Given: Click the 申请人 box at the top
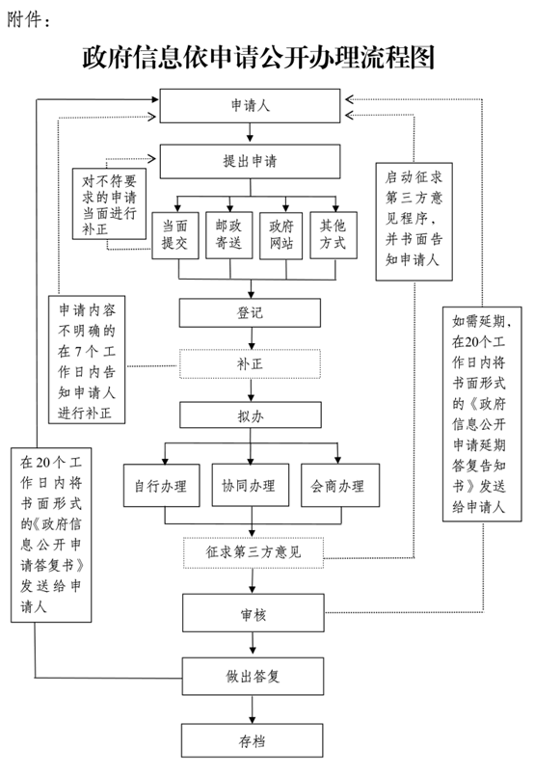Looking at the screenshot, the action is pos(250,106).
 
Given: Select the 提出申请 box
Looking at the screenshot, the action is pos(250,161).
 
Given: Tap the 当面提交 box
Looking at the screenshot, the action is pos(175,235).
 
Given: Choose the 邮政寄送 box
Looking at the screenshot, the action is pos(229,235).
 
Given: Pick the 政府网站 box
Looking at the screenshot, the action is pos(280,235).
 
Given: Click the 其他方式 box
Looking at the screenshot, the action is pos(334,235).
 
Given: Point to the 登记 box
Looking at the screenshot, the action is pos(250,312).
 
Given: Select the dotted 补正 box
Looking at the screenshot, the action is pos(250,364).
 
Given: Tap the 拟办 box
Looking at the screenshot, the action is pos(251,415).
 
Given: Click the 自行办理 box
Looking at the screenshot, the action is pos(162,486).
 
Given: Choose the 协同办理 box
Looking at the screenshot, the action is pos(251,486).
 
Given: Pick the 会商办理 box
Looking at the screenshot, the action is pos(340,486).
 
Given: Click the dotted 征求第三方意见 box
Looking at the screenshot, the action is pos(254,552).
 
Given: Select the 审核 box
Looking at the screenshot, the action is pos(254,613).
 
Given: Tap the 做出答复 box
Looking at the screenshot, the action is pos(253,676).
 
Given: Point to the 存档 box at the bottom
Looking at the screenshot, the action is pos(253,740).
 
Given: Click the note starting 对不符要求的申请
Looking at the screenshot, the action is pos(109,203).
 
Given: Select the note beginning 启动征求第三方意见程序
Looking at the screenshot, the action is pos(414,222).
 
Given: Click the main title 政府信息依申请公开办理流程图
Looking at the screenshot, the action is pos(258,57).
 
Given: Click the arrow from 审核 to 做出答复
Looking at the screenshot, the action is pos(253,644).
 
